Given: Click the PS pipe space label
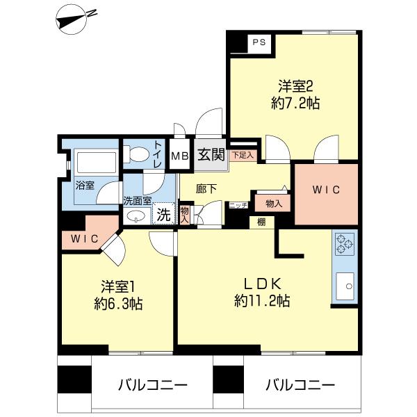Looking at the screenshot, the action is click(259, 42).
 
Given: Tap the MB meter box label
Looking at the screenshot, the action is click(180, 156).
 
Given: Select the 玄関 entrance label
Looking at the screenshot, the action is click(211, 154).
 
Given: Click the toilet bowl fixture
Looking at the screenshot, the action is click(137, 154).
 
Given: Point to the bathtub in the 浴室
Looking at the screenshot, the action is click(97, 162).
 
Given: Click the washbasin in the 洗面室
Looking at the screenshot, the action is click(137, 215).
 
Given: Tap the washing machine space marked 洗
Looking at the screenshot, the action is click(163, 214).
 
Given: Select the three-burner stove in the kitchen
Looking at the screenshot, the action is click(345, 244).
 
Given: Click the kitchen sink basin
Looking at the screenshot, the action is click(345, 286).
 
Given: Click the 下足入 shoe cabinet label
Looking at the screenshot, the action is click(243, 155).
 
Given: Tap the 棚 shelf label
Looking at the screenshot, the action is click(261, 222).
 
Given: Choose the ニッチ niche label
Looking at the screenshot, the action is click(238, 205).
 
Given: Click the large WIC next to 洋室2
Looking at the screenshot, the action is click(326, 190).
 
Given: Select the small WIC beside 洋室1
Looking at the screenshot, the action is click(85, 239).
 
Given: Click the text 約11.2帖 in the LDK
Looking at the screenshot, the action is click(262, 301).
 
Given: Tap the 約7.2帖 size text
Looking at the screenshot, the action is click(295, 103).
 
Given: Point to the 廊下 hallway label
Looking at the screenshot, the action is click(206, 189).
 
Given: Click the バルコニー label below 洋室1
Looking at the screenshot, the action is click(153, 385).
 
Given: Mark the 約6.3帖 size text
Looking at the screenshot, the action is click(119, 304).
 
